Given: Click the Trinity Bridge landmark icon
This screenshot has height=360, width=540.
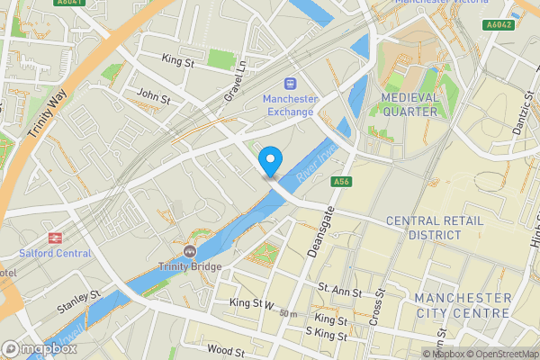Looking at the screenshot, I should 189,250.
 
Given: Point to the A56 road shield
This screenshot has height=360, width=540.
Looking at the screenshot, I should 340,182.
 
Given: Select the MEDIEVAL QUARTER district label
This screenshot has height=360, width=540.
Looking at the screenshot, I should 409,104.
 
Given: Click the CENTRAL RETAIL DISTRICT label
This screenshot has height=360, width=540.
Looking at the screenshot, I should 435,228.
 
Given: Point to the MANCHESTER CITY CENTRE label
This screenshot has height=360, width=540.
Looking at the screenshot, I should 463,305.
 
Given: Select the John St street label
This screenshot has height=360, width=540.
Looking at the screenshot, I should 152,95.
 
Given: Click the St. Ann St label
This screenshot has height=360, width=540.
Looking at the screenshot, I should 339,292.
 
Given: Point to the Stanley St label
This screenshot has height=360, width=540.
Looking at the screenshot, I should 78,300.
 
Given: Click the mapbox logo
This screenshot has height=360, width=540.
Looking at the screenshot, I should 40,348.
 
